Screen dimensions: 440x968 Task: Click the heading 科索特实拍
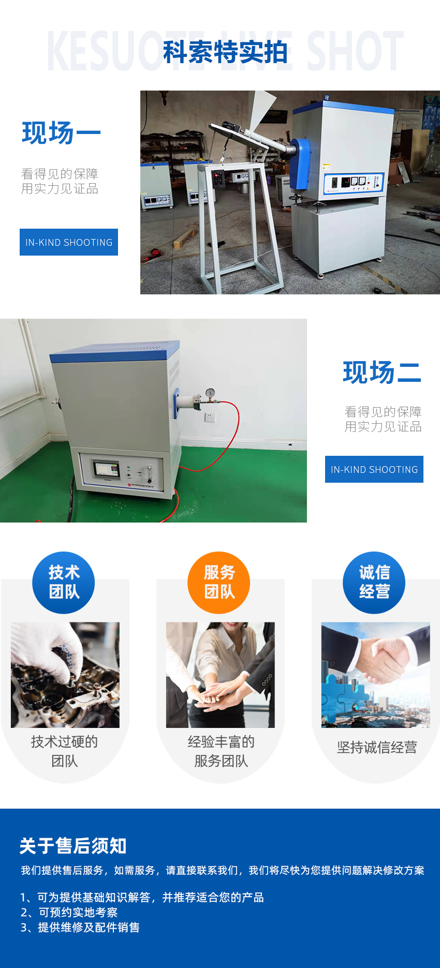point(225,52)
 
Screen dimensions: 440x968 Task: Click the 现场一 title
point(61,133)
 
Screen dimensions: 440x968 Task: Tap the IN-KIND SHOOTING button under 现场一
point(69,242)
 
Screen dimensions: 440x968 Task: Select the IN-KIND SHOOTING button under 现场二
point(374,469)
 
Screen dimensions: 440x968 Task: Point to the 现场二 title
point(382,372)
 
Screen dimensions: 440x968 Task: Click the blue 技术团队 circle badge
point(64,583)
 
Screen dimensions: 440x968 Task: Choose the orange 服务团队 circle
point(219,583)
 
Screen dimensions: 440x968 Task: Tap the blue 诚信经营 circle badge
point(374,583)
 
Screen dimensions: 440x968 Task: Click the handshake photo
point(376,675)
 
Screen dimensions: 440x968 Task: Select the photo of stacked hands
point(221,675)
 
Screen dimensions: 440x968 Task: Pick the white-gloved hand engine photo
point(65,675)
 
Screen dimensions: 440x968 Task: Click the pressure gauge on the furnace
point(210,393)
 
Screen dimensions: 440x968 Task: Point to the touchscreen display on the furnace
point(106,469)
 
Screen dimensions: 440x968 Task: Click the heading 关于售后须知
point(73,846)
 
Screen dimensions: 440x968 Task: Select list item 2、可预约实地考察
point(69,912)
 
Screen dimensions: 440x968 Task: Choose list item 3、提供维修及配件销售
point(80,927)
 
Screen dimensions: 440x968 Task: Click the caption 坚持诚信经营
point(377,747)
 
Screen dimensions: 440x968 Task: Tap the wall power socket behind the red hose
point(211,417)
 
